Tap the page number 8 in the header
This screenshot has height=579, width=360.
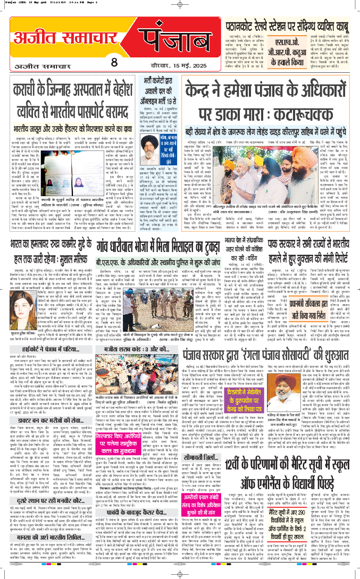114,61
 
